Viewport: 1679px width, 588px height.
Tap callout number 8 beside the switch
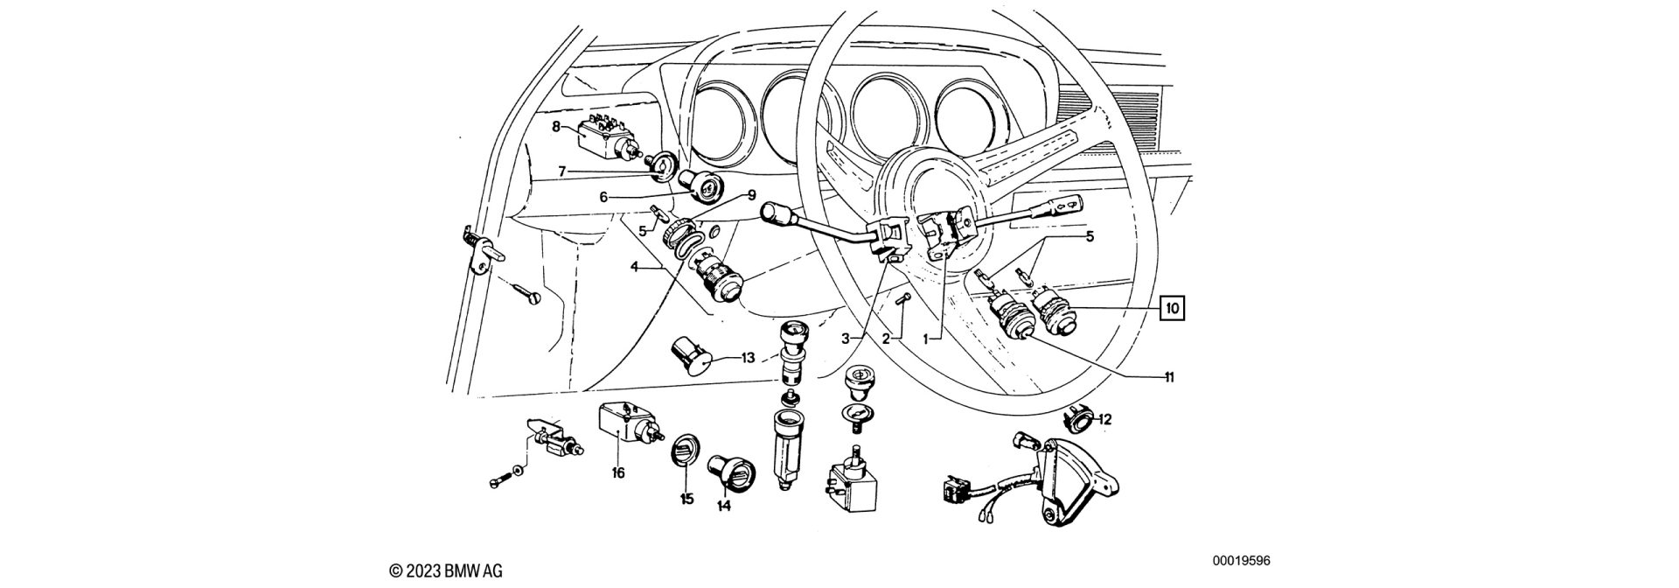point(556,127)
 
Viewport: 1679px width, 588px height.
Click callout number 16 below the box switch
point(618,473)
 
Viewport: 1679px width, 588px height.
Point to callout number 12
point(1105,420)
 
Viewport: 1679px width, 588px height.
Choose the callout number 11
point(1168,378)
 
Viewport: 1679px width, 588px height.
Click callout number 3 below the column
point(846,337)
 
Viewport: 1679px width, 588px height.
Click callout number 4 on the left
point(634,267)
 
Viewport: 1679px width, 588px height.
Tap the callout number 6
point(603,198)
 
